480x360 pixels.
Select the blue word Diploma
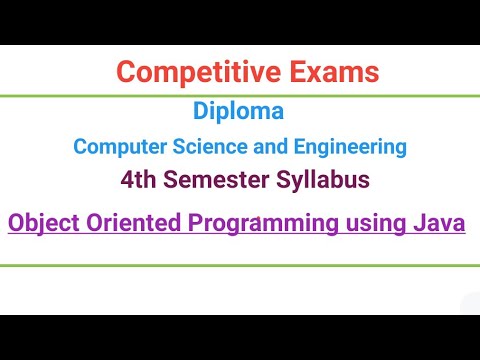tap(240, 110)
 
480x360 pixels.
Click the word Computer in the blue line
tap(112, 147)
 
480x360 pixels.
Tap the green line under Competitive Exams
tap(240, 96)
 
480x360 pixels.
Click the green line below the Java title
tap(240, 266)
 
